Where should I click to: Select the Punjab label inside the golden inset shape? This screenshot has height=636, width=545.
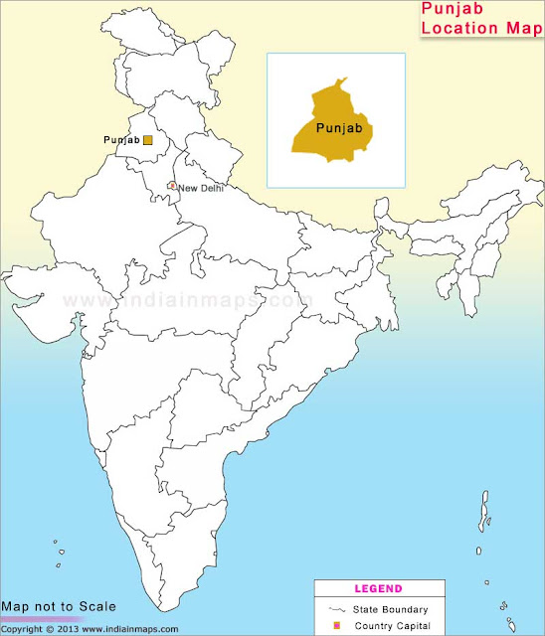[x=336, y=128]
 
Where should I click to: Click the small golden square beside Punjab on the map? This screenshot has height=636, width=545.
[x=148, y=140]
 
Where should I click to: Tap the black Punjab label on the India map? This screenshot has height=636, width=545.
[x=120, y=140]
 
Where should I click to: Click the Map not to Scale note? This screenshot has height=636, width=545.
[x=59, y=606]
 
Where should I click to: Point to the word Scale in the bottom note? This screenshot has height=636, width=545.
[x=97, y=606]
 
